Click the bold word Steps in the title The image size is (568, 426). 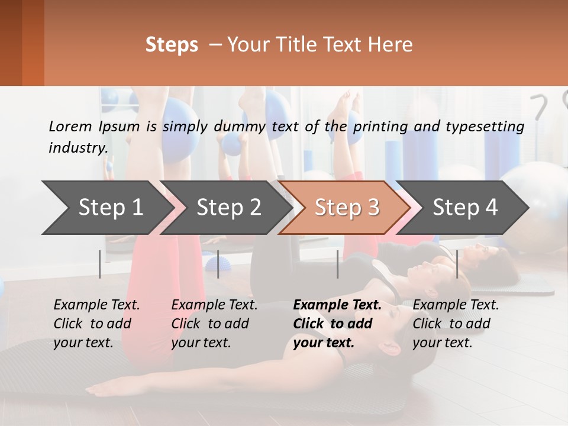(172, 45)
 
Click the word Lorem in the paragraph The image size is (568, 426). (67, 126)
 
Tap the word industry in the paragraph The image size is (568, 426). (78, 147)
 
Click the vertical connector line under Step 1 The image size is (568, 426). (100, 264)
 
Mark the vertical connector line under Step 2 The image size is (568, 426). (218, 264)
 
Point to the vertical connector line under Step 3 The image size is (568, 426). (338, 264)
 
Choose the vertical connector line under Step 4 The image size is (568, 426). (457, 264)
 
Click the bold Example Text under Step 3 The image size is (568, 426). (337, 305)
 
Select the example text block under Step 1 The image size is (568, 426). (96, 324)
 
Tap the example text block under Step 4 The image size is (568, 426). (456, 324)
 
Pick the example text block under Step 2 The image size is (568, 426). (214, 324)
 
